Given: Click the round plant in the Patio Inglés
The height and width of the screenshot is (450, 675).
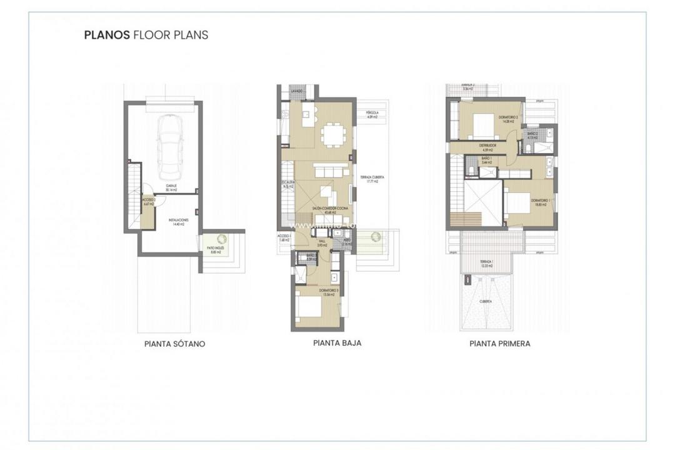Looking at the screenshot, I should coord(222,238).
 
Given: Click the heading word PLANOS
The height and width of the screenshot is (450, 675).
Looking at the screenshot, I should coord(106,35).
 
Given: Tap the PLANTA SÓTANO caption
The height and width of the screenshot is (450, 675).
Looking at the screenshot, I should coord(174,344).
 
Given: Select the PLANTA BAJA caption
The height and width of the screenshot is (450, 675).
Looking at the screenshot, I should coord(337,343).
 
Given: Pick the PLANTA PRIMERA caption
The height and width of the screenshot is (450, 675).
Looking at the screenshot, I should coord(500,344).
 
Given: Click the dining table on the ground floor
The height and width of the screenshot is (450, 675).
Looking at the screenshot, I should coord(330,134).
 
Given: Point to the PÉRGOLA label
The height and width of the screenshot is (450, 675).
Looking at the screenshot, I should coord(372,114).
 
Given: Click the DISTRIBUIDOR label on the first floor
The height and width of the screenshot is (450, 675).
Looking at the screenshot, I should coord(488,146).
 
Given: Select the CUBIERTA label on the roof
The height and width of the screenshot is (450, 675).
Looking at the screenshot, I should coord(486,301).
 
